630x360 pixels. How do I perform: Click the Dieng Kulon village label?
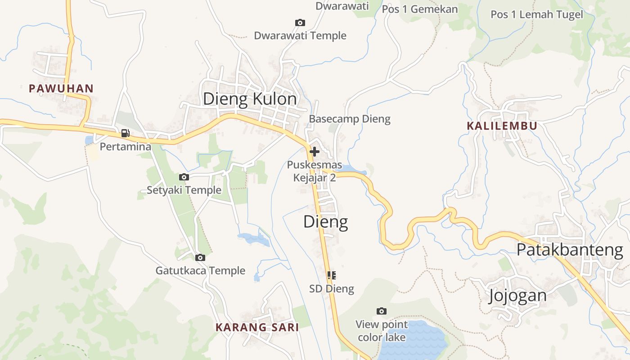tap(250, 99)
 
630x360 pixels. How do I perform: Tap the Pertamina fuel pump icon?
tap(125, 133)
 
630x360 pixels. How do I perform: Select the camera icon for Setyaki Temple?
tap(184, 177)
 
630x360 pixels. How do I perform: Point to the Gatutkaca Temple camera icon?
tap(200, 258)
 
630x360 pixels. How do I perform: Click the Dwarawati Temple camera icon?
tap(300, 23)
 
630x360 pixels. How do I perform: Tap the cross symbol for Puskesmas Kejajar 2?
tap(315, 152)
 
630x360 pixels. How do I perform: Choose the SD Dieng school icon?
tap(332, 275)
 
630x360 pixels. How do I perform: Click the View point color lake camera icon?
tap(382, 311)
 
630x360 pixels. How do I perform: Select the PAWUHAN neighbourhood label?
tap(61, 89)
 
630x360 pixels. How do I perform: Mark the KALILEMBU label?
tap(502, 126)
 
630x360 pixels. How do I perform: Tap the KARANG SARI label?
tap(257, 327)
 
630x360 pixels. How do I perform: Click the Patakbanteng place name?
tap(570, 250)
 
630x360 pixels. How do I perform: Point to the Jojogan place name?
tap(517, 296)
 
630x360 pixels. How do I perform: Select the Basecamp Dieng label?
tap(350, 119)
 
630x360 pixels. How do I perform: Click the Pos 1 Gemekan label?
tap(420, 9)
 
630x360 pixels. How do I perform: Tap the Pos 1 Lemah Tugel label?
tap(537, 14)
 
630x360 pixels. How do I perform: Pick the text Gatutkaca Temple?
tap(200, 271)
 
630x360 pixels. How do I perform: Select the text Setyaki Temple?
tap(184, 190)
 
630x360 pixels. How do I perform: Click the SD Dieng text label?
tap(332, 289)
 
